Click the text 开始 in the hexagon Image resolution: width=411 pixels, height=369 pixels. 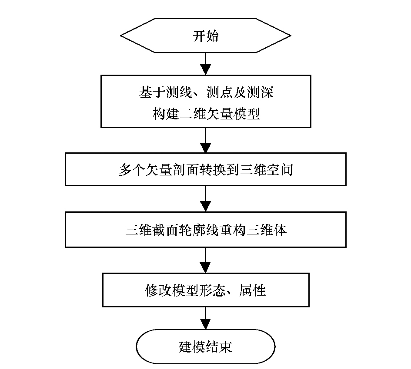point(205,36)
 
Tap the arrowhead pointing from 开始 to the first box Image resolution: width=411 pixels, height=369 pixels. point(205,69)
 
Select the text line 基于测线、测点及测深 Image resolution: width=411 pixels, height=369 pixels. point(206,92)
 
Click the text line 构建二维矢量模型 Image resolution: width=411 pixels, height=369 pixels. point(206,114)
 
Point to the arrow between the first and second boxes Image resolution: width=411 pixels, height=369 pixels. point(205,140)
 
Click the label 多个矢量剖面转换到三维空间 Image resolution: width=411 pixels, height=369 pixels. point(206,170)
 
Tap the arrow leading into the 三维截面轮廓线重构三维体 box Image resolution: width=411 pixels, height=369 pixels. point(205,199)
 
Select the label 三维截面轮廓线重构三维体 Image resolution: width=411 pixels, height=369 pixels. point(206,230)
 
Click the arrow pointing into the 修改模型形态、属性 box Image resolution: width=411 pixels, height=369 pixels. point(205,260)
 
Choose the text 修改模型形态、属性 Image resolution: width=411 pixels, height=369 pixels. point(206,290)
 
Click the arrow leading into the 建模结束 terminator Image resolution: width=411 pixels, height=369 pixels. point(205,318)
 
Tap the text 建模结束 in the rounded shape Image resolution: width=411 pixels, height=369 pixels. point(205,347)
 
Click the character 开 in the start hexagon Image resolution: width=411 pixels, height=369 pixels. point(199,36)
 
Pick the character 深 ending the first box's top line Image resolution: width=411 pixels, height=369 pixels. point(267,92)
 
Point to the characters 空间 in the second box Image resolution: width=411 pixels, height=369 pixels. point(280,170)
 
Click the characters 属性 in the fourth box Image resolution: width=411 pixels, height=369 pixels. point(253,290)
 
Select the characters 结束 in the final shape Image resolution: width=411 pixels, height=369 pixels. point(219,347)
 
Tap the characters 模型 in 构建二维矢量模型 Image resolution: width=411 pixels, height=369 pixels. point(247,114)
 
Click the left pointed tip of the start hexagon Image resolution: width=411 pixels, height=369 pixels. point(120,36)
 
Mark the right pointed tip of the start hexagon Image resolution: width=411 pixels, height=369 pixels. point(291,36)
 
